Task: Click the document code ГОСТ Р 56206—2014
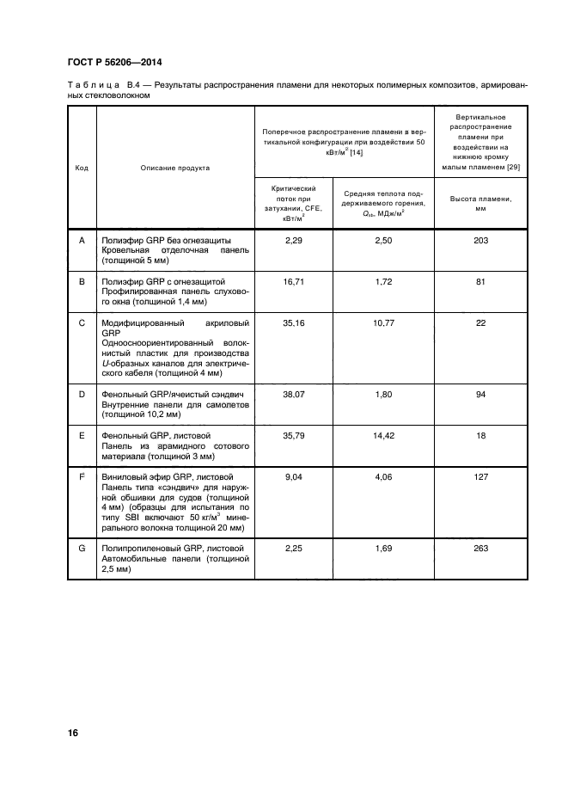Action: [113, 63]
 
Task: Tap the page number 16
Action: [73, 733]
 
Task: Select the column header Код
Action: [82, 168]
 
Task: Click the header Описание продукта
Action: [175, 168]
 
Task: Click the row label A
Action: [82, 240]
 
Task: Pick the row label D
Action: [82, 394]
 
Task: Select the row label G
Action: [82, 548]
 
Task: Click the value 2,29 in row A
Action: [295, 240]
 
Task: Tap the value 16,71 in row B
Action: [295, 281]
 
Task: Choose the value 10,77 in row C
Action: [383, 323]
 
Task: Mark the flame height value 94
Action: [481, 394]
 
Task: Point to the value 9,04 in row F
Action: [295, 476]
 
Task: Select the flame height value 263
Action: [481, 548]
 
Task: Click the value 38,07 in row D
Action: [295, 394]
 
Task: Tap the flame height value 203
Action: [481, 240]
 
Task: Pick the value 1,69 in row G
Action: [383, 548]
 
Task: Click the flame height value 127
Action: [481, 476]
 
